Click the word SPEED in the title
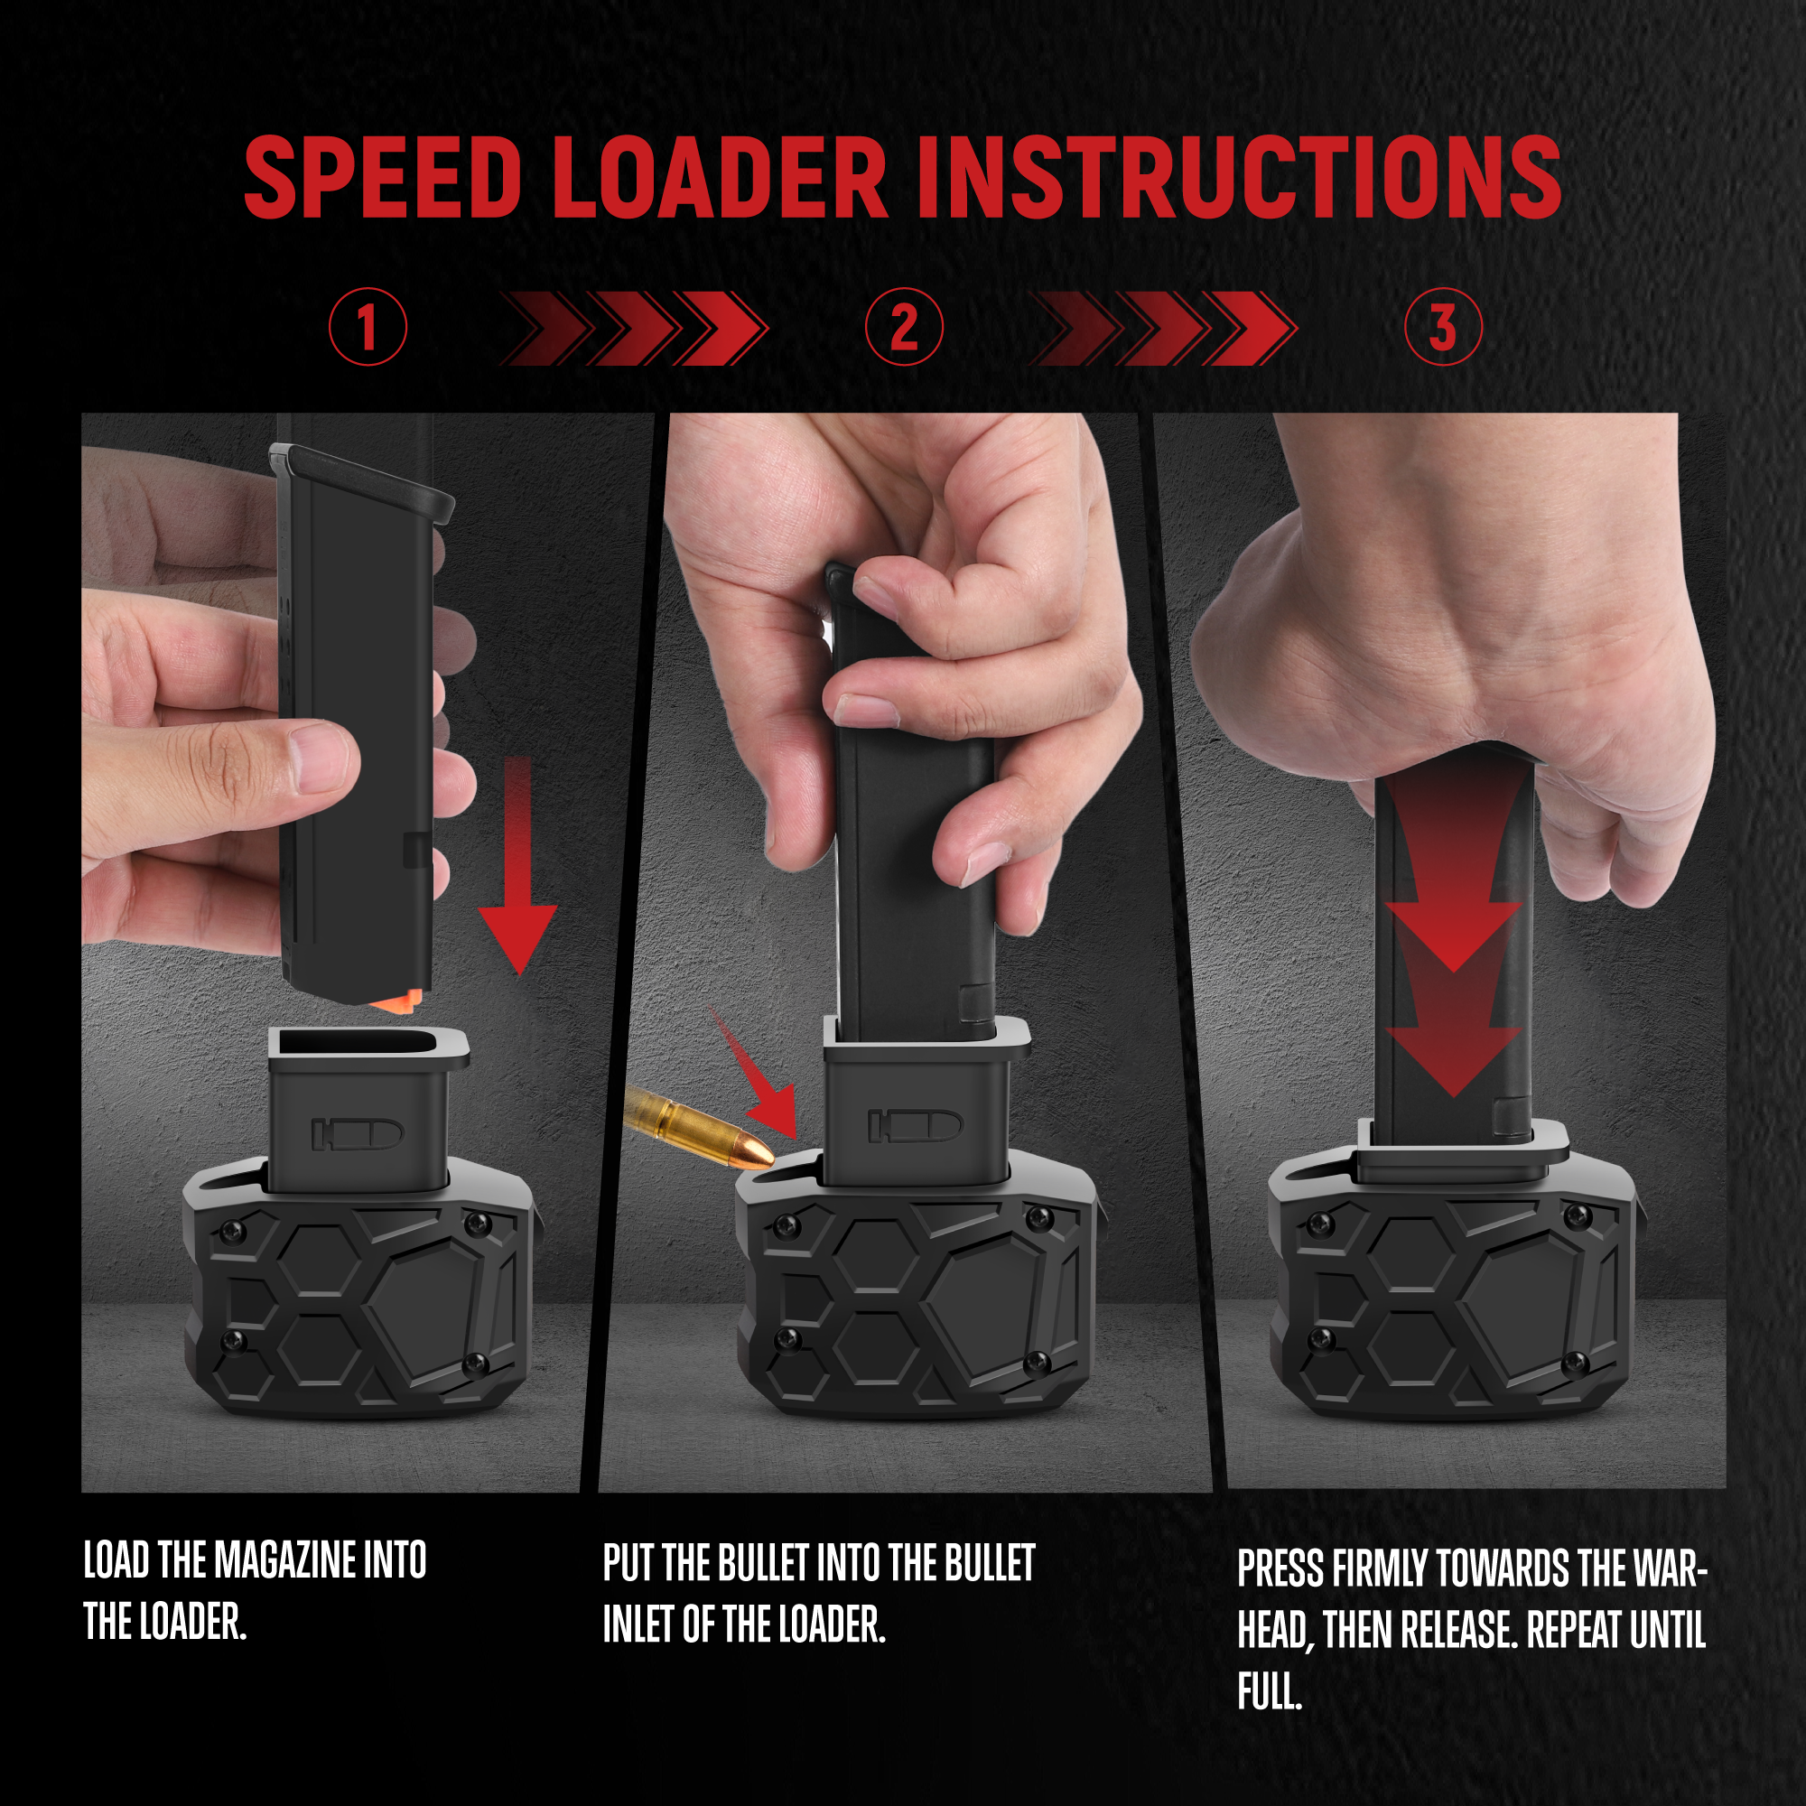pos(382,177)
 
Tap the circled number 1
pos(368,326)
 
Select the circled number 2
pos(904,326)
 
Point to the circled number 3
pos(1443,326)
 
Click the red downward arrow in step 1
pos(517,866)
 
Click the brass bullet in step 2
pos(699,1126)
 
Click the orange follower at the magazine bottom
pos(398,1001)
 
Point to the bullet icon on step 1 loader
pos(357,1133)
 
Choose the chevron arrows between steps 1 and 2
pos(634,328)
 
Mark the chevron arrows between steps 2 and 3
pos(1163,328)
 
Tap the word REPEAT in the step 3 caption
pos(1578,1629)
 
